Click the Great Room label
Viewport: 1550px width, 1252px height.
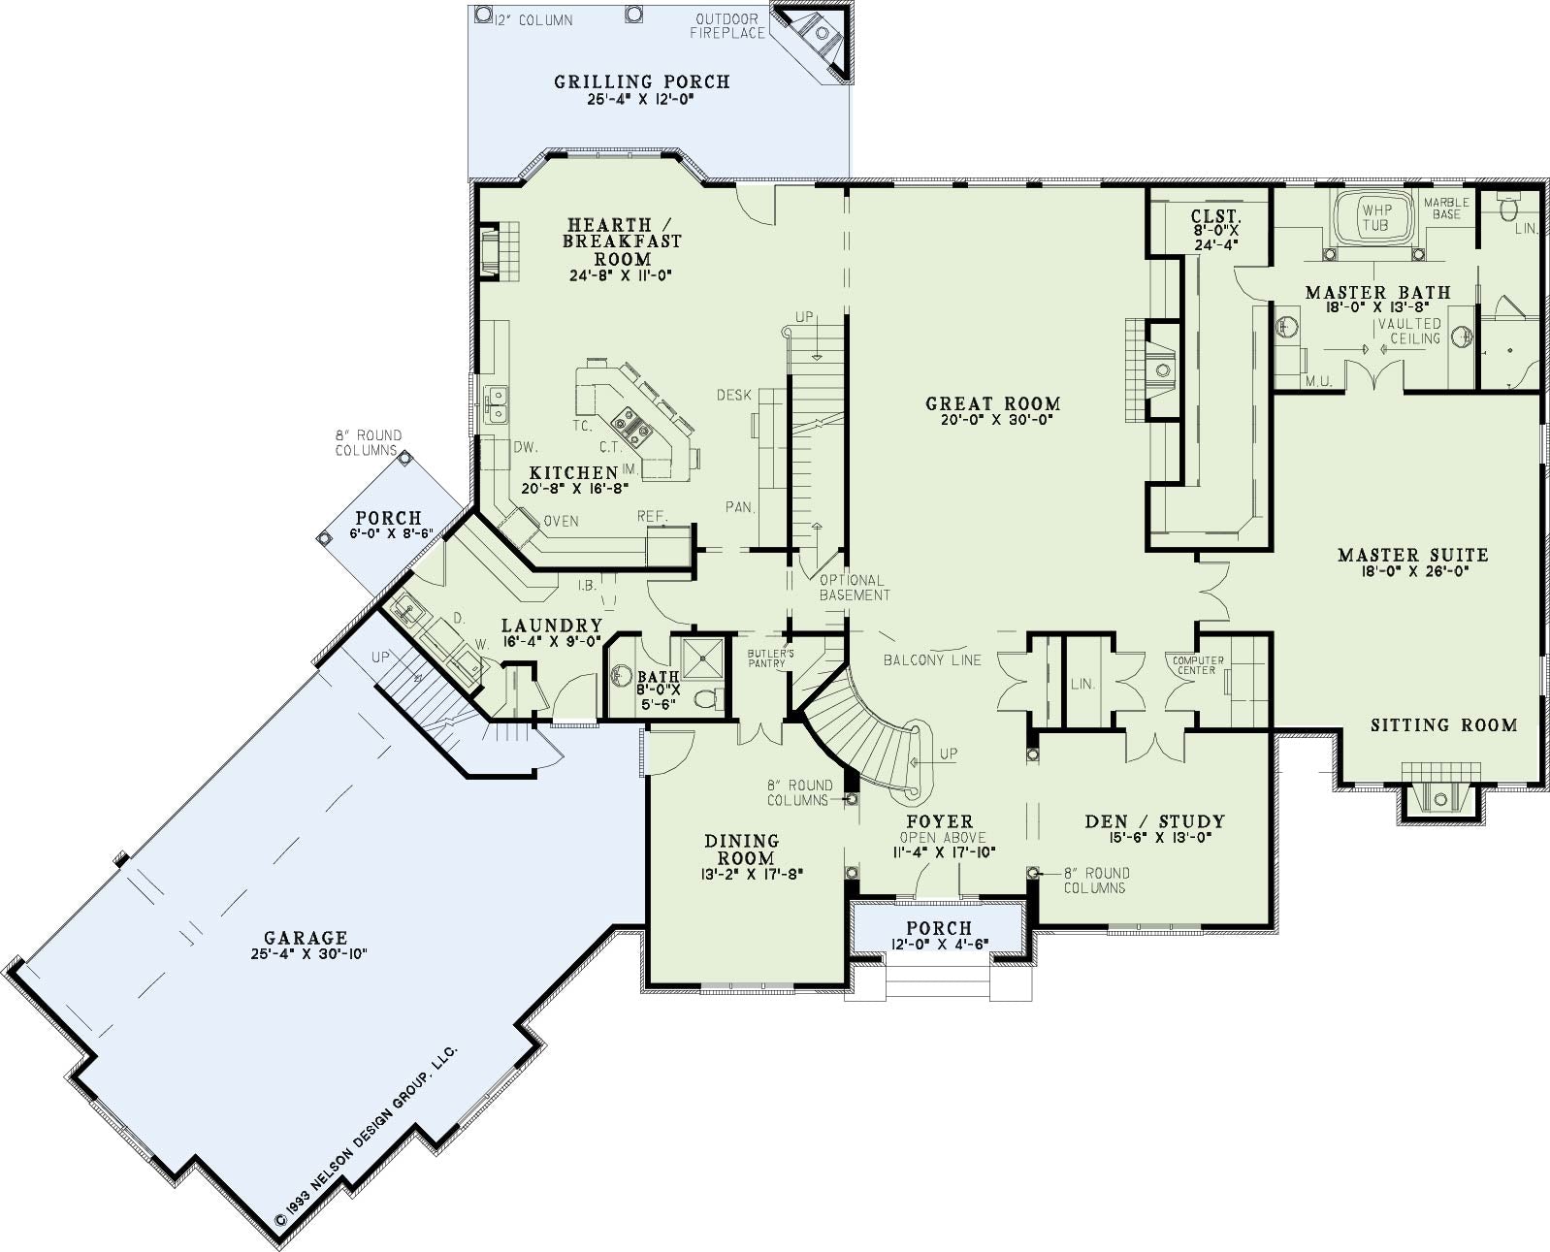[992, 403]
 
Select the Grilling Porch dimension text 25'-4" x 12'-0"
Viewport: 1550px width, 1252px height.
[641, 100]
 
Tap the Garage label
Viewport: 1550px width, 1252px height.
[306, 938]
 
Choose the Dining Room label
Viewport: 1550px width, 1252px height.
[741, 849]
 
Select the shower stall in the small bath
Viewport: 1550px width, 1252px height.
[703, 658]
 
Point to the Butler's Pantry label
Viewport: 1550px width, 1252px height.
[770, 658]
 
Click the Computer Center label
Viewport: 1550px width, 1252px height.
[1198, 665]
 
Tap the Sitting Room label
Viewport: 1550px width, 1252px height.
[1443, 724]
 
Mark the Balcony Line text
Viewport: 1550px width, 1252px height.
[932, 659]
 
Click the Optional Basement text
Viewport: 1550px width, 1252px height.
[855, 588]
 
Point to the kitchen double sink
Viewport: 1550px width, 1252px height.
[498, 404]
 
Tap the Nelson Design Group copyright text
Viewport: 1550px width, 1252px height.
[366, 1136]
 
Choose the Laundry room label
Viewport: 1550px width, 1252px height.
[552, 626]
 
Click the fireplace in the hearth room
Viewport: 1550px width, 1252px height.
[499, 251]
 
